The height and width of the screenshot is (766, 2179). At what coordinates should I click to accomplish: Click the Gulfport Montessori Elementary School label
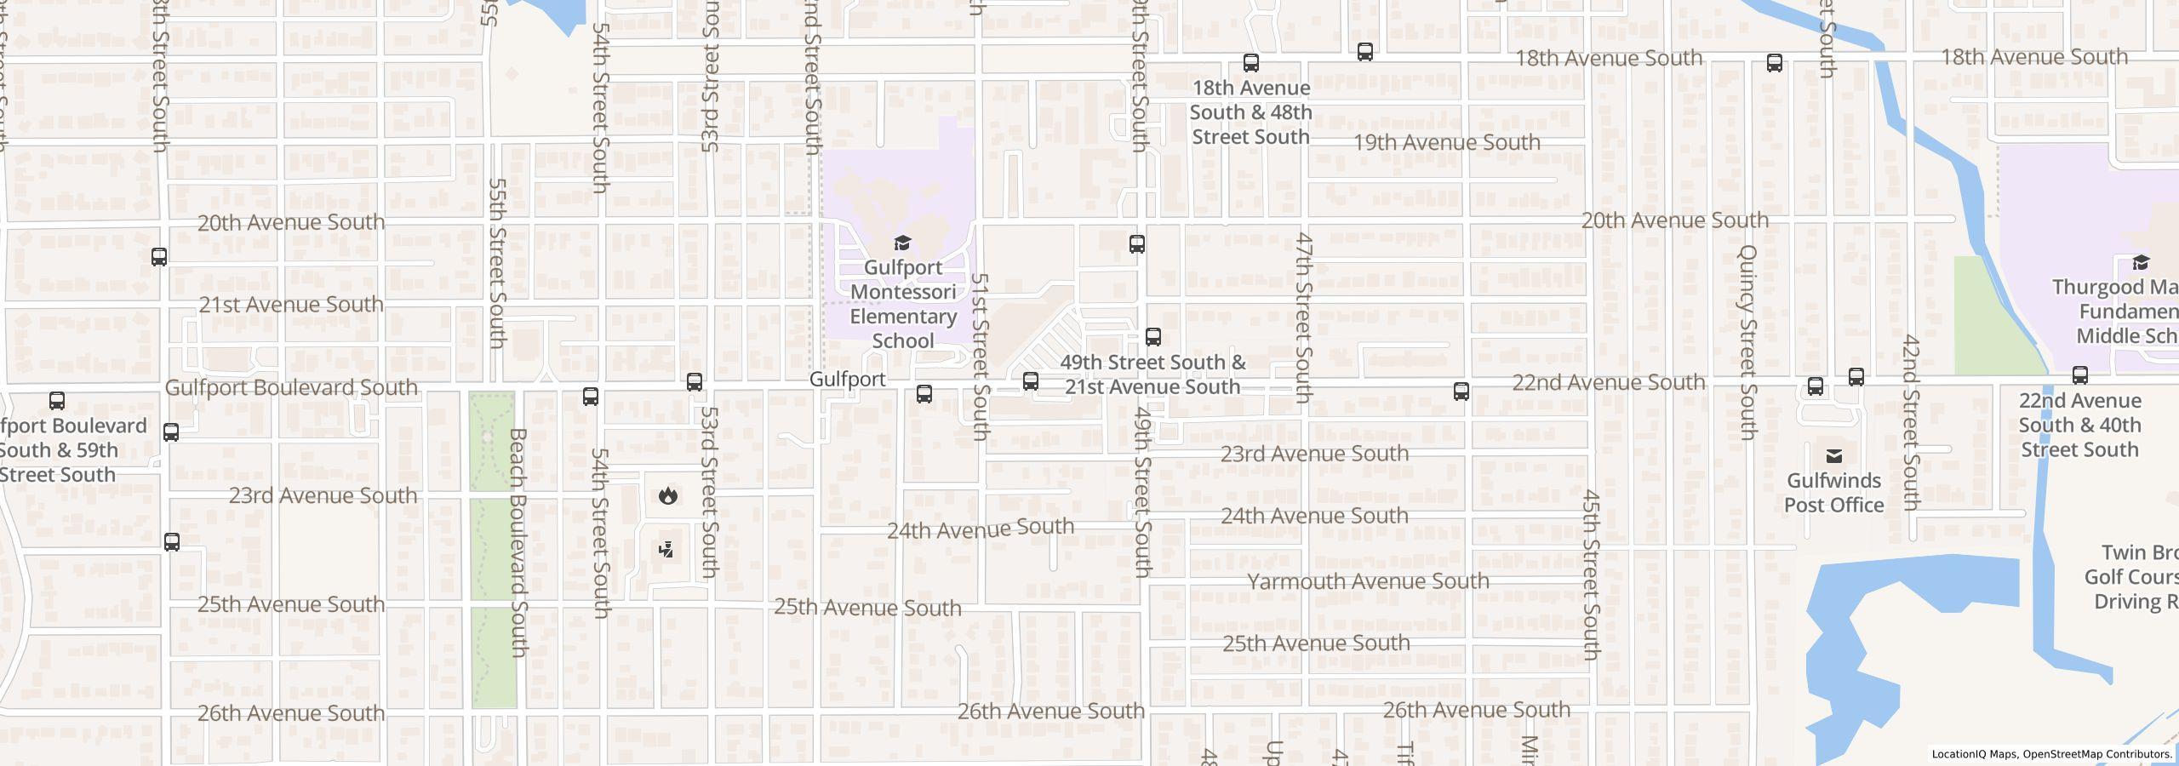click(x=903, y=304)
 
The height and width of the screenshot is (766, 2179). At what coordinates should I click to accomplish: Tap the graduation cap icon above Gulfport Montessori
click(x=903, y=244)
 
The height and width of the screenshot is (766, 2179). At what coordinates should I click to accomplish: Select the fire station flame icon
click(x=668, y=495)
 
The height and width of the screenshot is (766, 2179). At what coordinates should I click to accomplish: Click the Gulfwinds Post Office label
click(x=1833, y=493)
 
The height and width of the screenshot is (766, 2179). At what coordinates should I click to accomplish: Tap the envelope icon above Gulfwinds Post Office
click(x=1833, y=456)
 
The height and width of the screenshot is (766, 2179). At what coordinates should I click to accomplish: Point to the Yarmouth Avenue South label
click(x=1368, y=581)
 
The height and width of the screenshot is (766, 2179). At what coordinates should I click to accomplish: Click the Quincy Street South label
click(x=1747, y=342)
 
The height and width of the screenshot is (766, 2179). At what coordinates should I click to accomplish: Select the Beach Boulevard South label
click(x=518, y=542)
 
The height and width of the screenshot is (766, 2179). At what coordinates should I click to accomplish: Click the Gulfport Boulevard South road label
click(x=291, y=388)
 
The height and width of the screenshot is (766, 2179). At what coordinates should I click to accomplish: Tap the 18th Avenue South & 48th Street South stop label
click(x=1250, y=112)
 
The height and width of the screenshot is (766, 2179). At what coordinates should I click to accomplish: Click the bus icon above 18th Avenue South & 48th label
click(x=1250, y=63)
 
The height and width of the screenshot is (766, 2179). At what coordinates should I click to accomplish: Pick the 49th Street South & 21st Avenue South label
click(x=1152, y=374)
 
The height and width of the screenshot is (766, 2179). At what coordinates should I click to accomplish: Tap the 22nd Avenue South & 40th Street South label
click(x=2079, y=425)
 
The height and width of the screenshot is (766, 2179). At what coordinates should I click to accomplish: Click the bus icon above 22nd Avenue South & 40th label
click(x=2079, y=375)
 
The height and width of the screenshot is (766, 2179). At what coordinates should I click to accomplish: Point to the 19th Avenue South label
click(x=1447, y=142)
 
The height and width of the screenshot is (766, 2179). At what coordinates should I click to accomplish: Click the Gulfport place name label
click(x=847, y=380)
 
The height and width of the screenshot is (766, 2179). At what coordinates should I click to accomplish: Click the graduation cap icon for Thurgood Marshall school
click(x=2141, y=262)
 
